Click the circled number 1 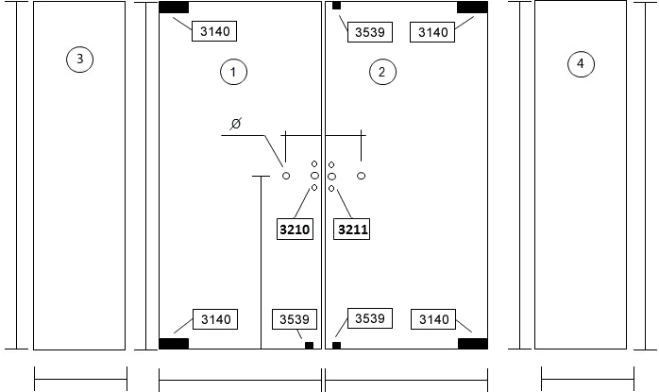tap(234, 72)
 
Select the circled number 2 tap(382, 72)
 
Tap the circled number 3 tap(80, 59)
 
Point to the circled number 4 tap(581, 64)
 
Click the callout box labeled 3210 tap(295, 230)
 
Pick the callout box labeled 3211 tap(352, 230)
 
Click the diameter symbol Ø tap(236, 124)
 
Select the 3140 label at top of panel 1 tap(214, 31)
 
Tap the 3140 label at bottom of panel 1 tap(215, 319)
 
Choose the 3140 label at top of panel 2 tap(432, 32)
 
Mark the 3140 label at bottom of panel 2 tap(433, 319)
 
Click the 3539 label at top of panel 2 tap(370, 32)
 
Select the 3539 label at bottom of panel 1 tap(295, 319)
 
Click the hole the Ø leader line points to tap(286, 176)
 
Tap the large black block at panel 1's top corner tap(174, 8)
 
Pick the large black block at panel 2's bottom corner tap(473, 344)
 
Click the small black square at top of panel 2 tap(337, 6)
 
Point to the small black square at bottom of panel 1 tap(309, 346)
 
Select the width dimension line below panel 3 tap(80, 379)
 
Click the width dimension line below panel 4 tap(587, 379)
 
